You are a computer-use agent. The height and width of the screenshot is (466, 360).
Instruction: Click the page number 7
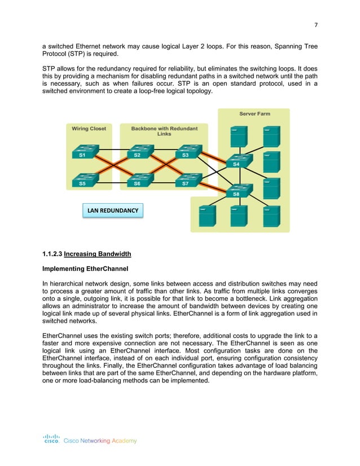(x=315, y=25)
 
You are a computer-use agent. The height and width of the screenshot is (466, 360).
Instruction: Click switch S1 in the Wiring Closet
(x=85, y=152)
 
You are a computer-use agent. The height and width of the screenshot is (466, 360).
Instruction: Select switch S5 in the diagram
(x=85, y=181)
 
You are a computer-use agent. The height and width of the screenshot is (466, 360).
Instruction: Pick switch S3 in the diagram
(x=187, y=152)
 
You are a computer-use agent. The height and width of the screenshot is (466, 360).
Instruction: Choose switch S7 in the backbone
(x=187, y=181)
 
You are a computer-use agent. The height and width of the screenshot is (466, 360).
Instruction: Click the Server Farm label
(x=254, y=114)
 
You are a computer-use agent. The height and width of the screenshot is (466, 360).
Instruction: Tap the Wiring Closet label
(x=89, y=129)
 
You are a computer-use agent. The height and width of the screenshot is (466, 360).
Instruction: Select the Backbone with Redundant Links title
(x=164, y=131)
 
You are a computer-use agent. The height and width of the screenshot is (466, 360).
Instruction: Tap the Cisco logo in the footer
(x=52, y=439)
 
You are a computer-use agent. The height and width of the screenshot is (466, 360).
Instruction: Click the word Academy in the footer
(x=124, y=441)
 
